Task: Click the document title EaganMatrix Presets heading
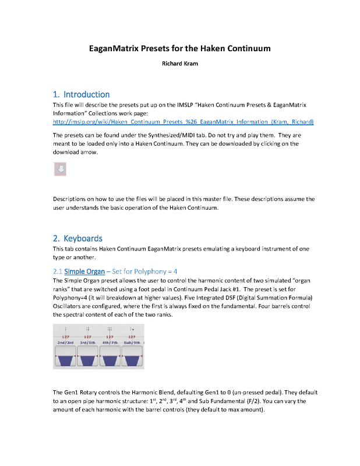(x=179, y=48)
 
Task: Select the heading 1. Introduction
(x=81, y=94)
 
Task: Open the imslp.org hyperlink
(x=183, y=122)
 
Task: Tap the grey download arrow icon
(x=61, y=169)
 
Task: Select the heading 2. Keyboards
(x=77, y=238)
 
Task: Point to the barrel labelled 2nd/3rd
(x=65, y=360)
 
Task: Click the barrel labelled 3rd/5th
(x=88, y=360)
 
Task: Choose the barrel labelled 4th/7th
(x=110, y=360)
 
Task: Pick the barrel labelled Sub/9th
(x=132, y=360)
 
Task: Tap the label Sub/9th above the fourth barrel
(x=132, y=343)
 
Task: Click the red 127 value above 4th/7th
(x=110, y=336)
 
